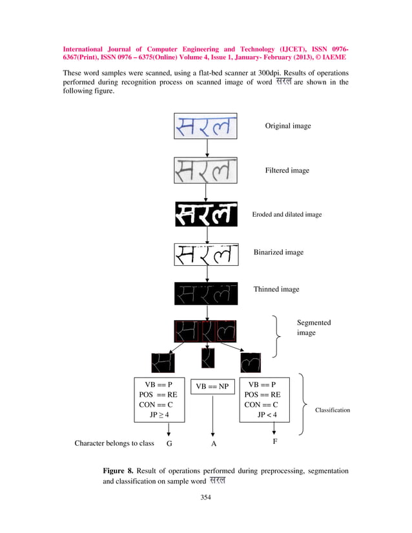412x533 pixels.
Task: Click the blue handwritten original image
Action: point(206,126)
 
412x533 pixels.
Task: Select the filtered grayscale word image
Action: point(206,170)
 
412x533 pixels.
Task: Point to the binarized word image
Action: point(206,254)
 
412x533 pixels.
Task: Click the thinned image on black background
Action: point(206,294)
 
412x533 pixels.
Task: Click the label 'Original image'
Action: point(288,126)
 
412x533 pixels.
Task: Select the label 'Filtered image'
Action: point(287,170)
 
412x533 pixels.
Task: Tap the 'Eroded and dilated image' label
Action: point(287,214)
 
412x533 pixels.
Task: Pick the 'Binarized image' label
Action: point(278,252)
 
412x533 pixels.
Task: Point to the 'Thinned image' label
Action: point(276,289)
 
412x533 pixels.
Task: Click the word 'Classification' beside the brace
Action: point(332,410)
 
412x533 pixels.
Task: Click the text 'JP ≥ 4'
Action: point(160,415)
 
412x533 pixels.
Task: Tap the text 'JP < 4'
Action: point(267,415)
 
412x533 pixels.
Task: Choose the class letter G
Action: point(169,445)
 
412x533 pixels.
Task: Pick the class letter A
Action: point(214,445)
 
